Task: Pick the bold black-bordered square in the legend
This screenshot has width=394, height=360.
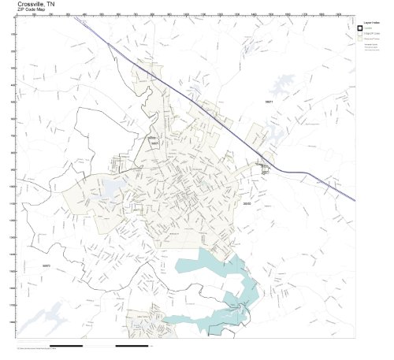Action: [x=360, y=28]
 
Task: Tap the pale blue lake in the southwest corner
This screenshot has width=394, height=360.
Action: [x=35, y=319]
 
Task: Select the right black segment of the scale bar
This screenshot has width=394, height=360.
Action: [x=132, y=346]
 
